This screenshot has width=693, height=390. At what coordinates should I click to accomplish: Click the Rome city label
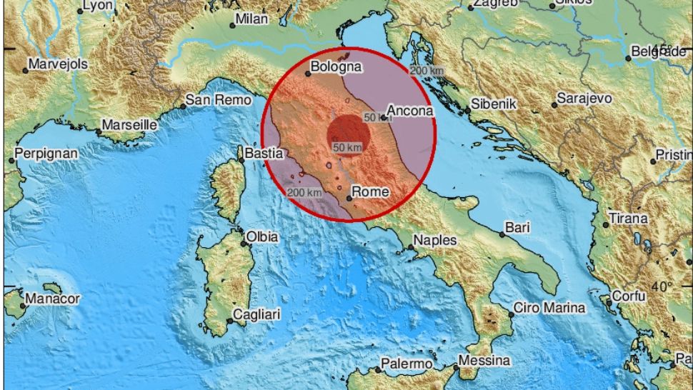coord(371,191)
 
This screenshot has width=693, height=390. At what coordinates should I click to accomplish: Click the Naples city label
coord(435,240)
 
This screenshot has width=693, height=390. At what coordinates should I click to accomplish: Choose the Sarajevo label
coord(584,98)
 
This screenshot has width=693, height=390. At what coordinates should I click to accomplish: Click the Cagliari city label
coord(257,314)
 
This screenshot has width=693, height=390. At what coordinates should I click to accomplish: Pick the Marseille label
coord(129,124)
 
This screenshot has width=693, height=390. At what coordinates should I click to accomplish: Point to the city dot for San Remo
coord(183,106)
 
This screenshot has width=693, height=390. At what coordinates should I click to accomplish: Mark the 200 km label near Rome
coord(304,192)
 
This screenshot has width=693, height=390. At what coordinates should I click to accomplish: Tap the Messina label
coord(484,361)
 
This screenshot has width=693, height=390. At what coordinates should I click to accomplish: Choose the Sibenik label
coord(493,104)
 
